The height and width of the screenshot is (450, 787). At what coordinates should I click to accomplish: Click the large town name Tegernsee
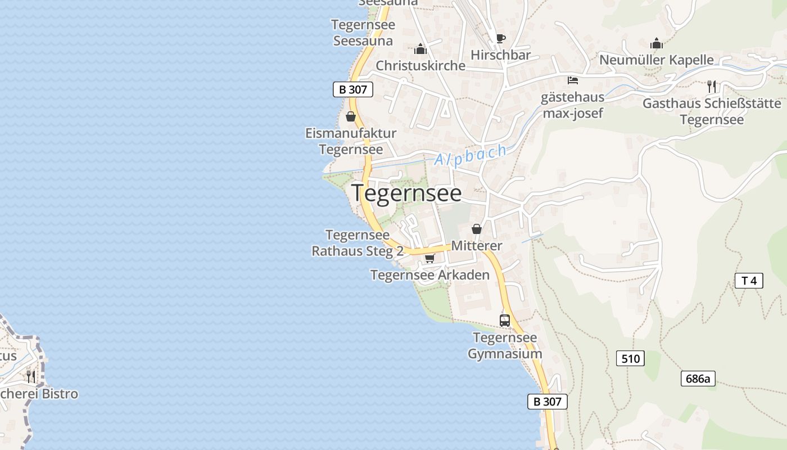[406, 193]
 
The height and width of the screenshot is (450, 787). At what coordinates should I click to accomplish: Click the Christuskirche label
[420, 65]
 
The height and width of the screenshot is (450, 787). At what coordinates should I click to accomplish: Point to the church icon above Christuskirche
[420, 49]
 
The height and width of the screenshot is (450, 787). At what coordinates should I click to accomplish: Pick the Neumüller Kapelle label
[657, 60]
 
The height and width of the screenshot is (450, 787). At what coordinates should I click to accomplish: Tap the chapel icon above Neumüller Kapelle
[657, 43]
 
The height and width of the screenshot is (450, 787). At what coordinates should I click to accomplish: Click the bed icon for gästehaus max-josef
[573, 80]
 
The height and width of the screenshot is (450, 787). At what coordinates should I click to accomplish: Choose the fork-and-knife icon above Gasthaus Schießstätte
[712, 87]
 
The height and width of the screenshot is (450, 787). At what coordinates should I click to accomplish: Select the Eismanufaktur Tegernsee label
[351, 141]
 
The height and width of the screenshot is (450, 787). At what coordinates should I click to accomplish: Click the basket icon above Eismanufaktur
[351, 117]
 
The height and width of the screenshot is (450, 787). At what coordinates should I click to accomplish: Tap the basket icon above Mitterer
[477, 229]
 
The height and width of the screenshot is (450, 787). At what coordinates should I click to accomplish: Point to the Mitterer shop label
[477, 246]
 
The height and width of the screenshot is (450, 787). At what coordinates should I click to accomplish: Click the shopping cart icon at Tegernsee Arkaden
[430, 258]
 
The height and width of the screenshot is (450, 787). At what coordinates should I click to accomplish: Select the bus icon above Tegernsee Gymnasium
[505, 321]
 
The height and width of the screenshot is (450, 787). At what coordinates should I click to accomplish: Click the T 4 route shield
[749, 281]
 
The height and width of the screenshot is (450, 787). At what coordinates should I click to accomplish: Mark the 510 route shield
[630, 358]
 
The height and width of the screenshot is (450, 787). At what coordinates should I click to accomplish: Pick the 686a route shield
[698, 379]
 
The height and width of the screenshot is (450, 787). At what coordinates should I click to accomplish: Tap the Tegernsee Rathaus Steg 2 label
[358, 243]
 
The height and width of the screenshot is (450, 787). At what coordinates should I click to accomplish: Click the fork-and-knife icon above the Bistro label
[31, 376]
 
